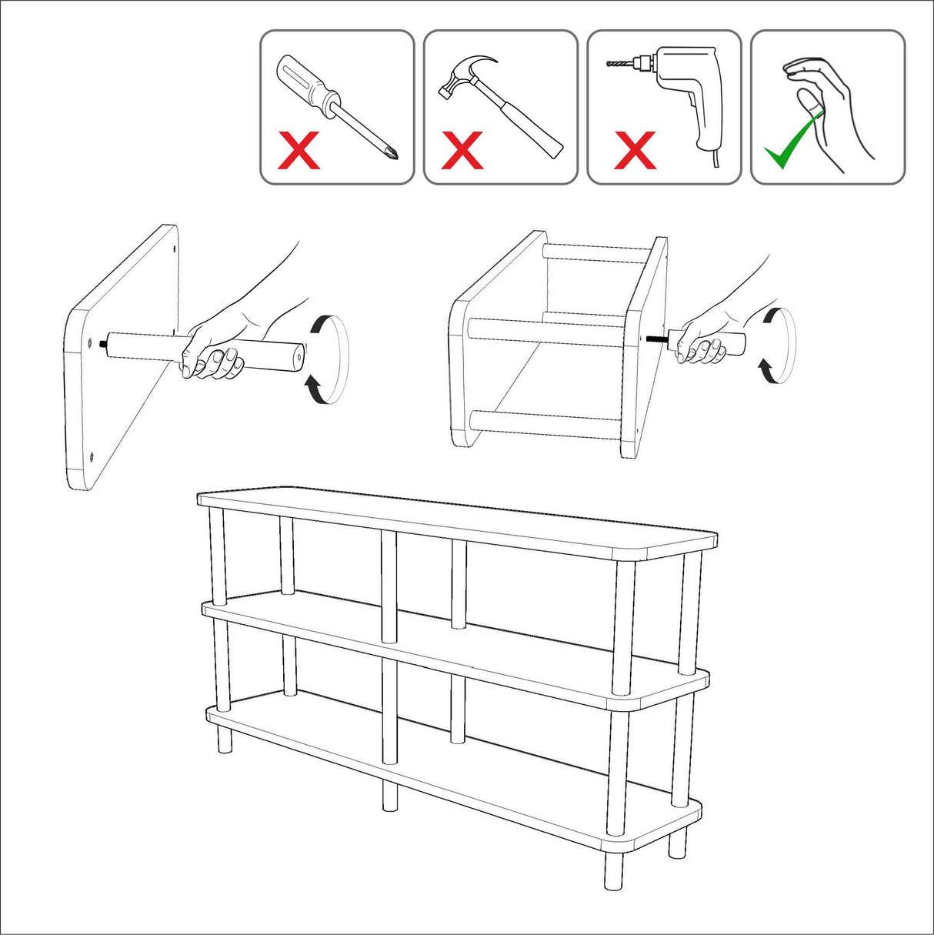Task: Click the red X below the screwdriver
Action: pyautogui.click(x=299, y=151)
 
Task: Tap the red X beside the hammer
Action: pyautogui.click(x=462, y=150)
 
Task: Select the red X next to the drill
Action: pyautogui.click(x=635, y=150)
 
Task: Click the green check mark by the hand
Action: pyautogui.click(x=789, y=142)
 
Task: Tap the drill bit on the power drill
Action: pyautogui.click(x=627, y=64)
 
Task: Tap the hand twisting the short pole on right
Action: pyautogui.click(x=704, y=344)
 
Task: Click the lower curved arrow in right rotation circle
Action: pyautogui.click(x=767, y=369)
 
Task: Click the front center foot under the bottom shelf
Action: pyautogui.click(x=390, y=795)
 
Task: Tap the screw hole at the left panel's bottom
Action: pyautogui.click(x=91, y=456)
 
